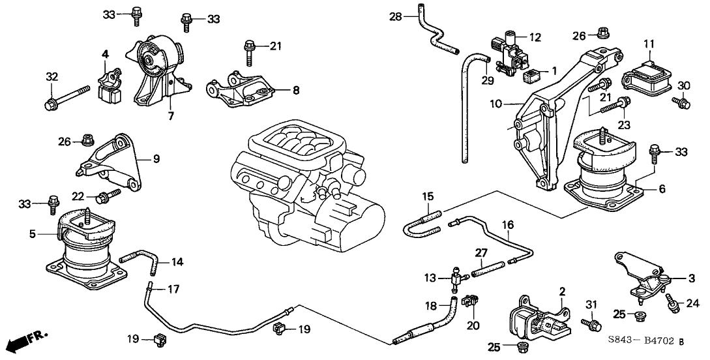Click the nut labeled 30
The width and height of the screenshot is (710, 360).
681,102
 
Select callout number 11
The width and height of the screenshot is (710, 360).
648,44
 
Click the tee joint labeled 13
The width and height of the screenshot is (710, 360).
455,279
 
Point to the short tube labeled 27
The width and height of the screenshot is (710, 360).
488,265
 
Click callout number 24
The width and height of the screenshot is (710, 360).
692,303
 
